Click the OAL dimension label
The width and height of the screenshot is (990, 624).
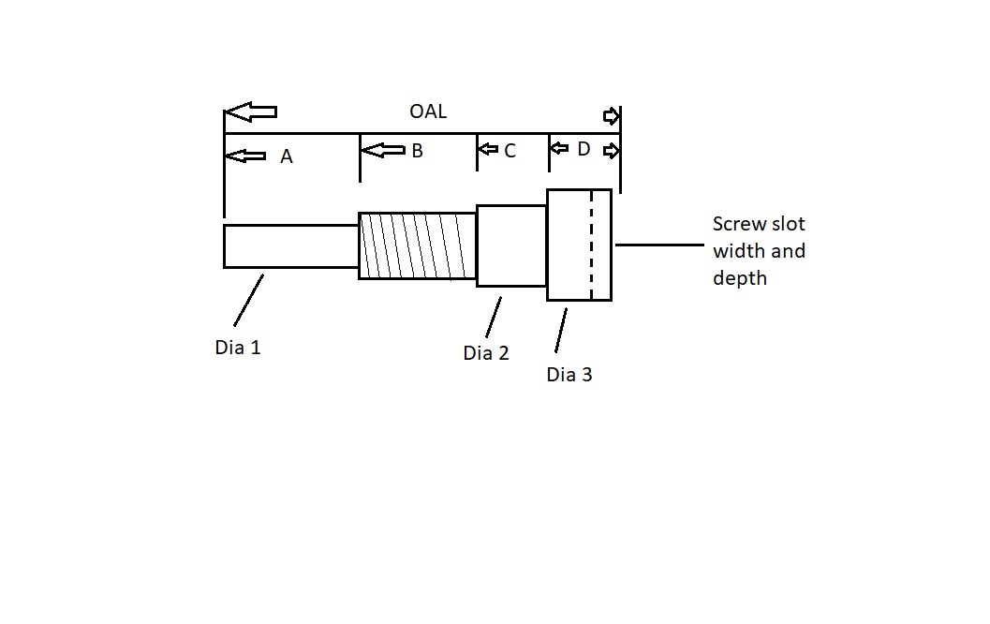[x=428, y=111]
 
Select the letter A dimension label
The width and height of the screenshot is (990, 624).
[x=287, y=156]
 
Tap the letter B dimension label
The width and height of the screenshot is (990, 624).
[x=417, y=150]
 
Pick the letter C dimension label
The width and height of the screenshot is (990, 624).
[x=510, y=151]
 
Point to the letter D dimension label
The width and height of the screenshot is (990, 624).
[x=584, y=149]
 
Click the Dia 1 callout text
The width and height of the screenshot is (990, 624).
[x=238, y=348]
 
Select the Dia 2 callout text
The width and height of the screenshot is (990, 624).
[x=486, y=353]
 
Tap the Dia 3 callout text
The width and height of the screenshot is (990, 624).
[x=569, y=375]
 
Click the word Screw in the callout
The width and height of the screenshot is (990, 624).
[x=738, y=225]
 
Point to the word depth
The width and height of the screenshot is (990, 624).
[x=740, y=278]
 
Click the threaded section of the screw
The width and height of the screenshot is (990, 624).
[x=418, y=245]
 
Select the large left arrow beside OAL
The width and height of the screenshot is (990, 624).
[x=251, y=112]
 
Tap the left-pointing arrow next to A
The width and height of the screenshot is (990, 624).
[x=246, y=156]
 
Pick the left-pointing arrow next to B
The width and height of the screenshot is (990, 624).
[x=383, y=150]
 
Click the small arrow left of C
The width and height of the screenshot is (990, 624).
[x=488, y=150]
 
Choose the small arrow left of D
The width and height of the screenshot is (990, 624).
[x=559, y=148]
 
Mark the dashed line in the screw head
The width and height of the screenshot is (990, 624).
[x=591, y=245]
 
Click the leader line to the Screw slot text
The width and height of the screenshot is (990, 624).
[x=659, y=245]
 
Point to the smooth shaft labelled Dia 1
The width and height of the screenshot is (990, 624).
[x=290, y=246]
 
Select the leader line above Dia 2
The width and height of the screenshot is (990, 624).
[x=494, y=317]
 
